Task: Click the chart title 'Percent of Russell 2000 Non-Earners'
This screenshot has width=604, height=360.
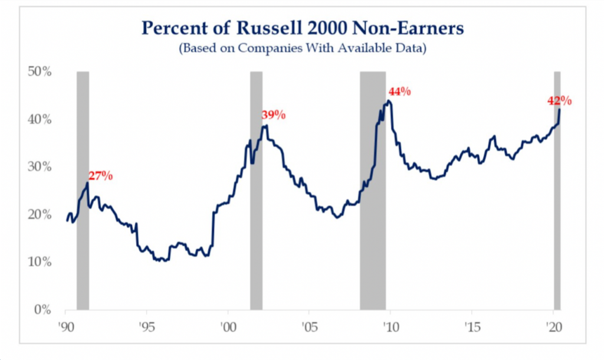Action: click(303, 28)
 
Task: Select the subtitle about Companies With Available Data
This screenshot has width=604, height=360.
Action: click(303, 48)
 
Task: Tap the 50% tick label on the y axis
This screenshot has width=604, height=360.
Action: click(40, 71)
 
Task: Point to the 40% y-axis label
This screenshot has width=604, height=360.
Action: click(40, 119)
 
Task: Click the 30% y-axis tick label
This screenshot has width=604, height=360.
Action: click(40, 166)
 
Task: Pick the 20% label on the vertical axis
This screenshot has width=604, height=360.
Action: click(40, 214)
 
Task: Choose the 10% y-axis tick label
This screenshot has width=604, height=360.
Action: click(40, 261)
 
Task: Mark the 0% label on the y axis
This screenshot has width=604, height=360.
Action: click(42, 309)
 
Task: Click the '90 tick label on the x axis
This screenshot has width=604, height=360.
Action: click(66, 327)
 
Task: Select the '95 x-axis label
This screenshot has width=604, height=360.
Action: click(147, 327)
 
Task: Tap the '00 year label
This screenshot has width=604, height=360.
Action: click(228, 327)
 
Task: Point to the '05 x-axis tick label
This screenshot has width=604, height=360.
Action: click(310, 327)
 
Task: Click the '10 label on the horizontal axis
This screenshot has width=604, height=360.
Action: click(391, 327)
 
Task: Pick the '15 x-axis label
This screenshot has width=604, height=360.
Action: click(472, 327)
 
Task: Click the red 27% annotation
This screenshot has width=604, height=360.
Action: click(100, 176)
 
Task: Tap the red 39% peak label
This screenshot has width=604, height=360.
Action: click(274, 115)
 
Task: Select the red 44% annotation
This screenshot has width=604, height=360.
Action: click(399, 91)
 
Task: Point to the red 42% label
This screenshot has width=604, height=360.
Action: click(560, 101)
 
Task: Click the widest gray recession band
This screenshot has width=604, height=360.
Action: click(373, 191)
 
